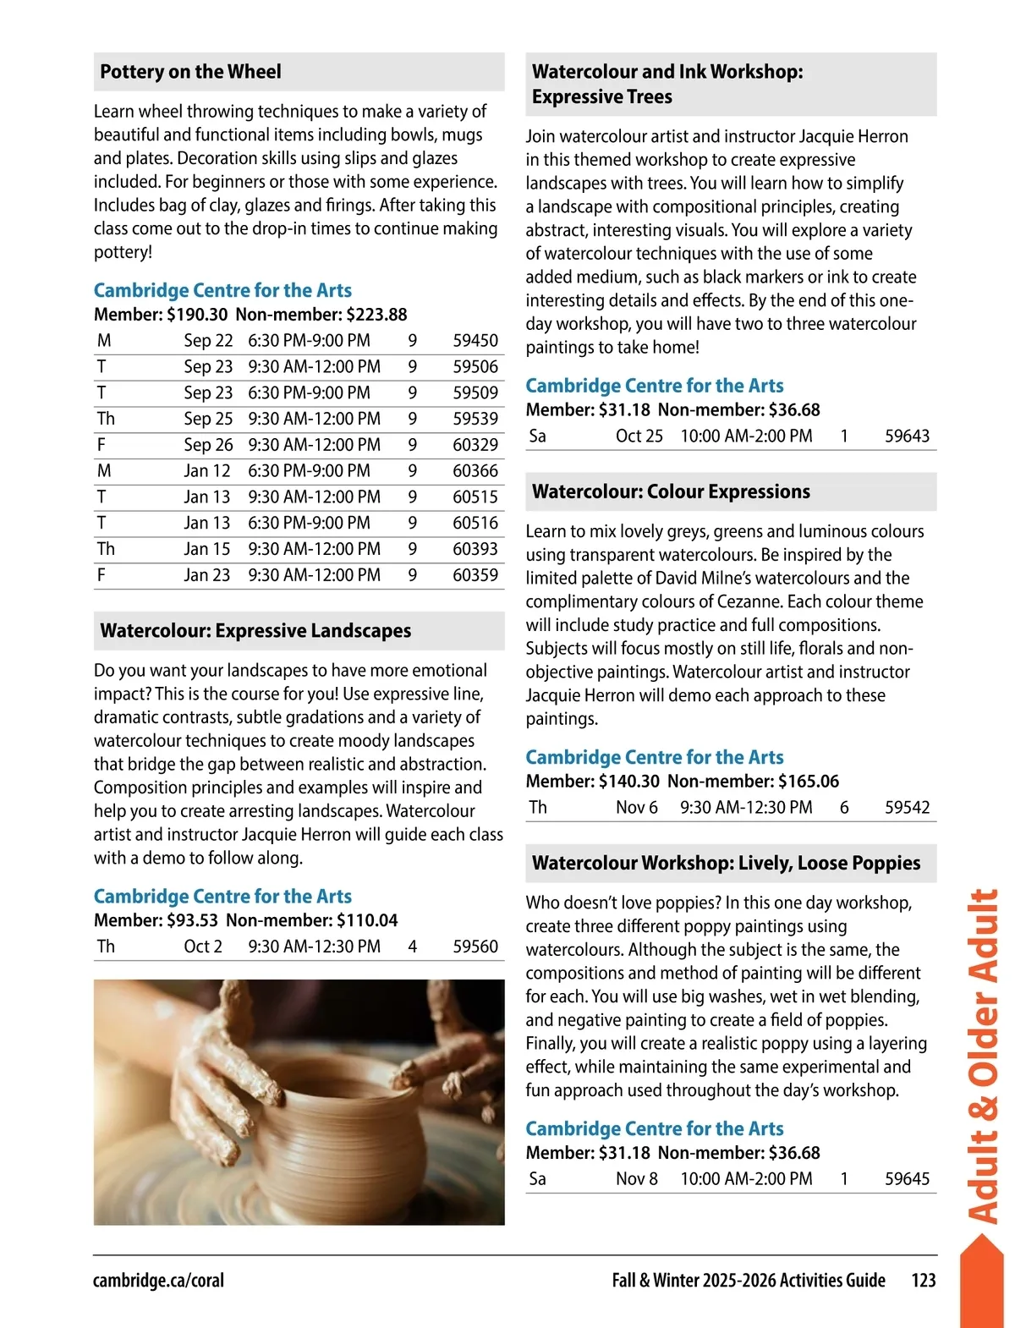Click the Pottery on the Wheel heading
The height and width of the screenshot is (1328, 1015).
click(190, 72)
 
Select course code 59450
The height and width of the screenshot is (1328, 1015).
click(475, 341)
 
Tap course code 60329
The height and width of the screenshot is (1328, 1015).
click(475, 445)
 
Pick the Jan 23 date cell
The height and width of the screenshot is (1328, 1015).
click(207, 575)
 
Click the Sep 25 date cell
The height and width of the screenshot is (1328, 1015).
click(208, 419)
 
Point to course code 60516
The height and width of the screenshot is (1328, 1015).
click(475, 523)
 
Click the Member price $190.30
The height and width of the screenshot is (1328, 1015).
click(197, 315)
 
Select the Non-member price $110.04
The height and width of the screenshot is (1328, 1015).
click(367, 920)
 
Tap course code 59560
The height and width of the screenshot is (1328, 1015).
click(475, 947)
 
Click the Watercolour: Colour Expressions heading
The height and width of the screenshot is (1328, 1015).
click(671, 491)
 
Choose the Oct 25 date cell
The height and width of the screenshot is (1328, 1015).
click(639, 436)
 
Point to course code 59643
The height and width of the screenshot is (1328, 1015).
click(907, 436)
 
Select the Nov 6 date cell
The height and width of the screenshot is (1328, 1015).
click(637, 808)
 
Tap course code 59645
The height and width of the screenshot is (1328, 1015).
click(907, 1179)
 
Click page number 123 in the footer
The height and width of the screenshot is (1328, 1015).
click(924, 1281)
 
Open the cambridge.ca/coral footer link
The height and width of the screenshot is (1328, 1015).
click(158, 1281)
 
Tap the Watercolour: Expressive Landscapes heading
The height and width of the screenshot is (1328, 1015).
click(255, 631)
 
